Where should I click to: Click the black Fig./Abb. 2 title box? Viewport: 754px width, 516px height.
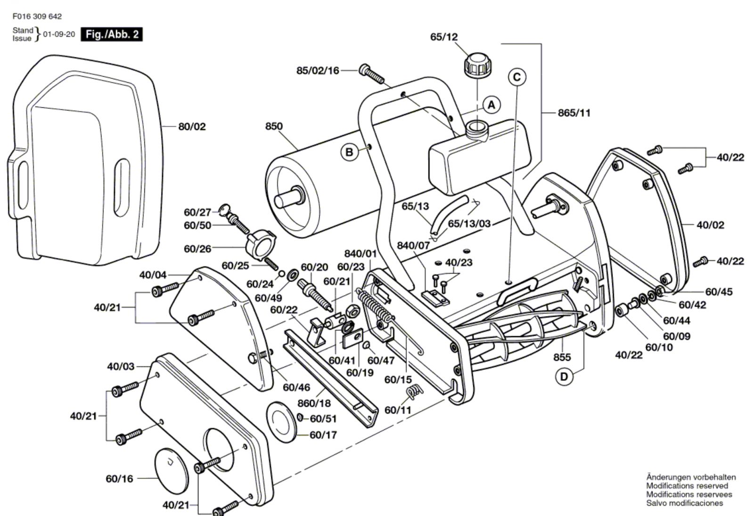point(111,34)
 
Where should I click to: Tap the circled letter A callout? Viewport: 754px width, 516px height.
point(492,105)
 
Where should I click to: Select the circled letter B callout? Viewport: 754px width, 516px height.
point(349,153)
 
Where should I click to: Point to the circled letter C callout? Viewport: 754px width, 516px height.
point(517,77)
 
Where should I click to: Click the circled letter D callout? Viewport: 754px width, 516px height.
point(564,377)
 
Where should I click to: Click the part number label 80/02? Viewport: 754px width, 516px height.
point(192,127)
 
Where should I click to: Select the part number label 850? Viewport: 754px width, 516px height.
point(274,126)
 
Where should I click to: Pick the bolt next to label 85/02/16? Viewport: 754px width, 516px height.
point(371,73)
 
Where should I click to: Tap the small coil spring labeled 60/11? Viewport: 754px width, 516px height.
point(415,392)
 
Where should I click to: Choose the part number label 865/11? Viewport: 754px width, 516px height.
point(574,113)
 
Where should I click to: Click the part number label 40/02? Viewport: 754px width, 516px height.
point(711,225)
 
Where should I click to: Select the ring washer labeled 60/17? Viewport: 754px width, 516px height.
point(281,421)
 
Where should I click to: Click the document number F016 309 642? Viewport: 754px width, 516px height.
point(37,16)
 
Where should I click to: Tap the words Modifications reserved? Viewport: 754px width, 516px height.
point(687,486)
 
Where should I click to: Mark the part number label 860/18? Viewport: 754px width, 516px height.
point(314,403)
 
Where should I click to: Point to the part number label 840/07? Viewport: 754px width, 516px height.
point(414,245)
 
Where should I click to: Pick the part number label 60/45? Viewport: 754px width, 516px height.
point(719,291)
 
